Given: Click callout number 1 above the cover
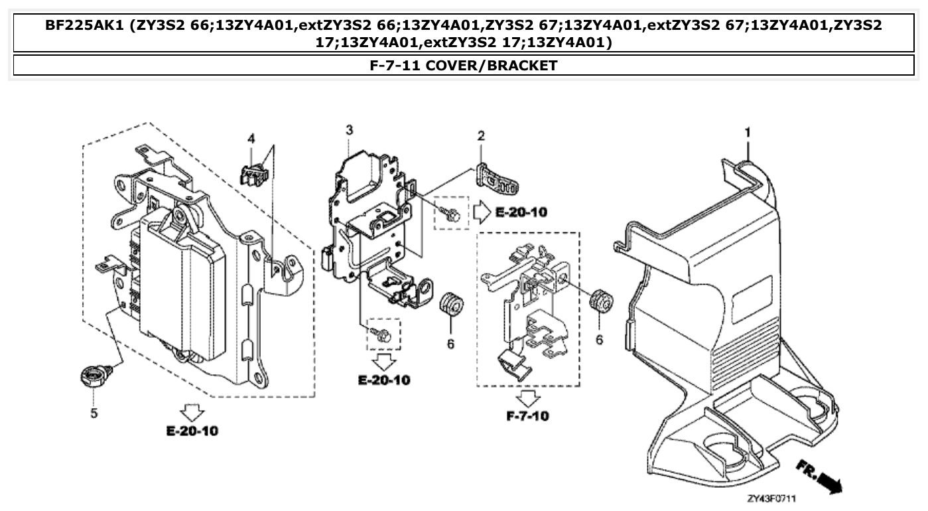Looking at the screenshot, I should [747, 133].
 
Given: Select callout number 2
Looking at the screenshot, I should [481, 136].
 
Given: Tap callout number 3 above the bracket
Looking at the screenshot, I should [349, 129].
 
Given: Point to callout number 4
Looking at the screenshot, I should [251, 138].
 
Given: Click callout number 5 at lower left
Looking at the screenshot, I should [94, 413].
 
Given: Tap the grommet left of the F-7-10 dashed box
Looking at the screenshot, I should [450, 304].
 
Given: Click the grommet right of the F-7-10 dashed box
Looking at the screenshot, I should [600, 301].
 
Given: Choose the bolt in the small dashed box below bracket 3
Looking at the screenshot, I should [383, 336].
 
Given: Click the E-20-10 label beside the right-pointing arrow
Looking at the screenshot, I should [521, 212].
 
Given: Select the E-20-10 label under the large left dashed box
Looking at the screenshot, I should [192, 431].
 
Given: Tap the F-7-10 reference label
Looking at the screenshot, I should [527, 416].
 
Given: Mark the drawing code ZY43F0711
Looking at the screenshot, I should [771, 498].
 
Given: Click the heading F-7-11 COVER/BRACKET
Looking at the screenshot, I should [463, 65].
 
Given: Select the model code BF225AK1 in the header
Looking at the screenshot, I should [84, 26].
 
